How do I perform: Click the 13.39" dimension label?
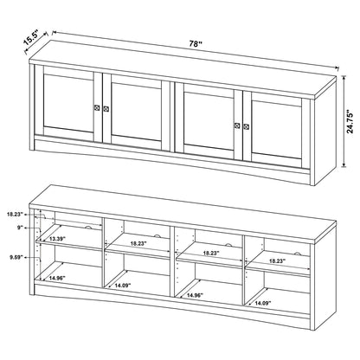pyautogui.click(x=58, y=239)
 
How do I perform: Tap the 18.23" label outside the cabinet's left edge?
pyautogui.click(x=15, y=212)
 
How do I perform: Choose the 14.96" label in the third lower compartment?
pyautogui.click(x=193, y=294)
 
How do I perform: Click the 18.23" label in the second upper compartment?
pyautogui.click(x=136, y=245)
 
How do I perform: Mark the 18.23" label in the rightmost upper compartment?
pyautogui.click(x=276, y=260)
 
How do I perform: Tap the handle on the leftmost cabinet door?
pyautogui.click(x=94, y=108)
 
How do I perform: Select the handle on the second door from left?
pyautogui.click(x=106, y=109)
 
